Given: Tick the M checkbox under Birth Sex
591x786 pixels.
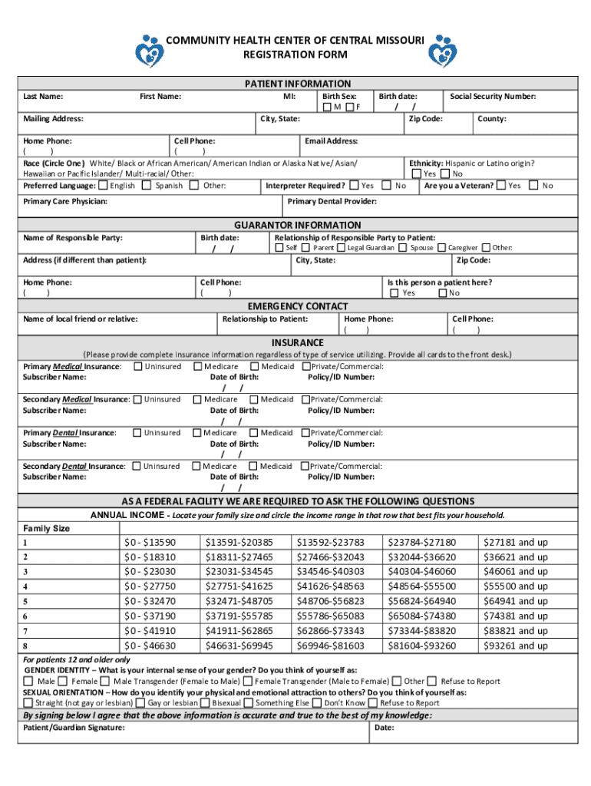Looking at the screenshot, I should point(328,107).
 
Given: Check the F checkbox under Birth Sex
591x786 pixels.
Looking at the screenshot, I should point(350,107).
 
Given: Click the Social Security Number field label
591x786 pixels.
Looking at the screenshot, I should point(493,97).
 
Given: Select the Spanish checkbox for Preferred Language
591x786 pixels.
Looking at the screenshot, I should point(147,186).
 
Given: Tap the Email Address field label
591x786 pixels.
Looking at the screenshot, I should point(331,141).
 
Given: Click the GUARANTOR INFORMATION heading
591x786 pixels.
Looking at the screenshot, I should point(297,225).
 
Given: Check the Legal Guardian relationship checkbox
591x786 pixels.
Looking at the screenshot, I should point(342,248).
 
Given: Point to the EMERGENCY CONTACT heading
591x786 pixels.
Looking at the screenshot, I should point(297,306).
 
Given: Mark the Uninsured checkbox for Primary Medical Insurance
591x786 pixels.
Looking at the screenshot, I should point(138,367).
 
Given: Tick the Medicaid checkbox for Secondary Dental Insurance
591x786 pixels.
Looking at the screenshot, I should point(253,466).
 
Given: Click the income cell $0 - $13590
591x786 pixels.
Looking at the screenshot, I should point(150,542).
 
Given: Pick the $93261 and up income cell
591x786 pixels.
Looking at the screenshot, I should point(515,646).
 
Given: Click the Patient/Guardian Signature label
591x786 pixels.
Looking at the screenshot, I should point(74,728).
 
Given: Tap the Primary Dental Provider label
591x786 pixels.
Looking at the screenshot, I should point(332,201).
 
